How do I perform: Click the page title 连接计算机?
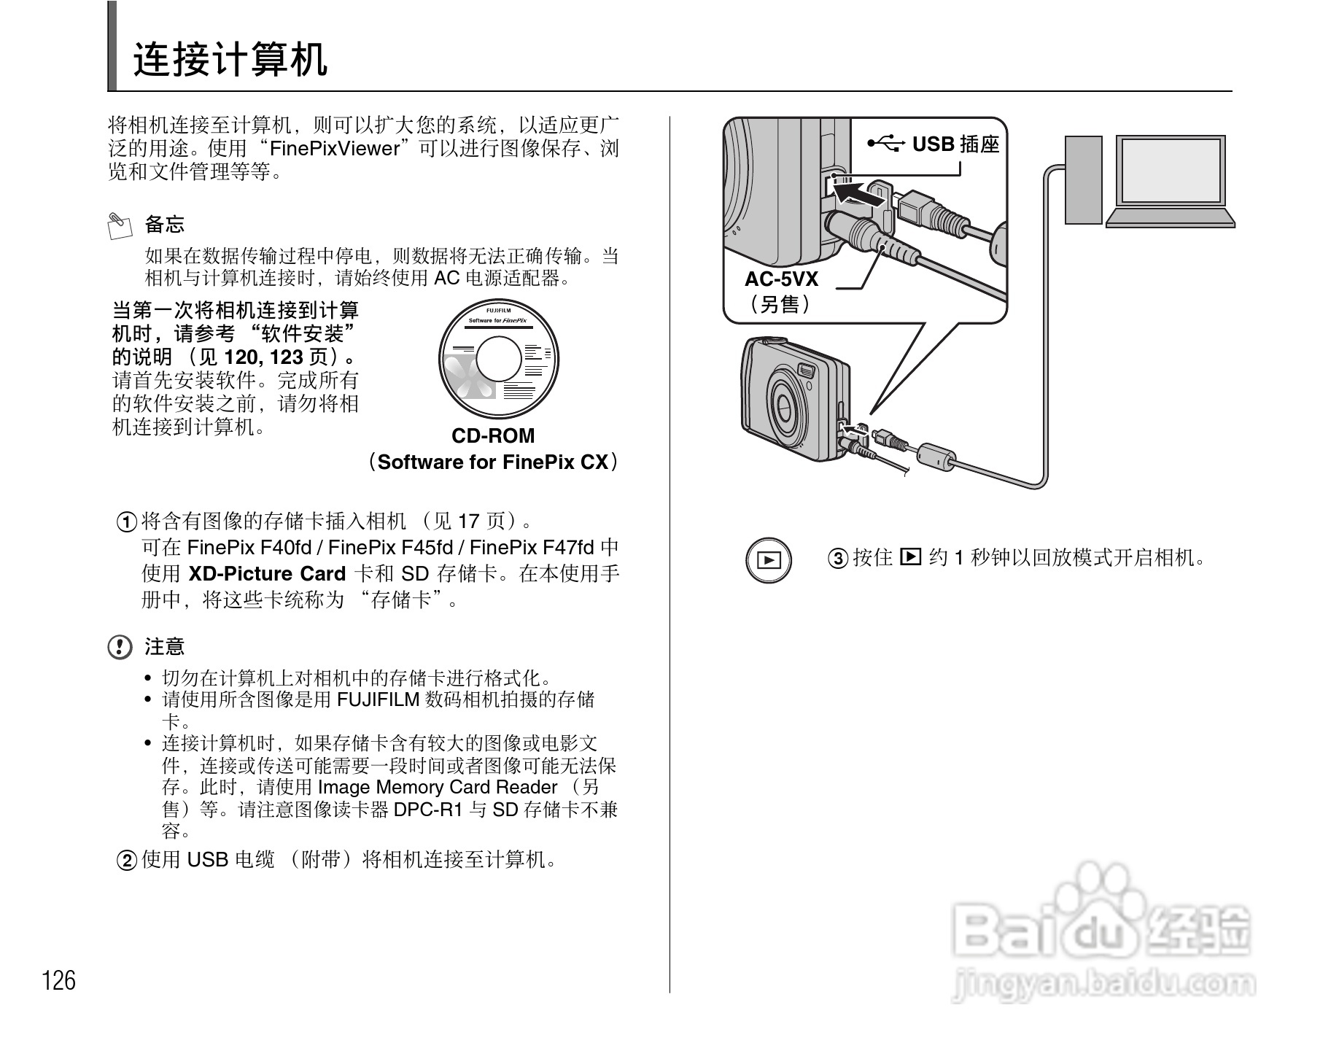230,60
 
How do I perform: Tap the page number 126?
59,980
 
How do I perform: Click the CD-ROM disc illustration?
499,359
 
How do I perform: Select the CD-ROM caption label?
493,436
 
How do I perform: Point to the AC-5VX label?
781,279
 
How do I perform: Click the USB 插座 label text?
955,144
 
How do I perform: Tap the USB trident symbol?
886,144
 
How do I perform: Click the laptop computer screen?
1171,170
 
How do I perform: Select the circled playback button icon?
769,560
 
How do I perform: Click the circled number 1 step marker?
127,522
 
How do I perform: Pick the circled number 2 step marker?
127,861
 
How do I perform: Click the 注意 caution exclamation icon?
120,647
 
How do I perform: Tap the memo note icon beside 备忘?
119,225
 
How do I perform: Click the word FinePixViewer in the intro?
335,149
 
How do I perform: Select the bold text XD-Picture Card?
267,574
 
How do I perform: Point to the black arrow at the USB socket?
859,194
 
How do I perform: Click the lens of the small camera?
786,403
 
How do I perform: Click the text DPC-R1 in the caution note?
428,810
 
